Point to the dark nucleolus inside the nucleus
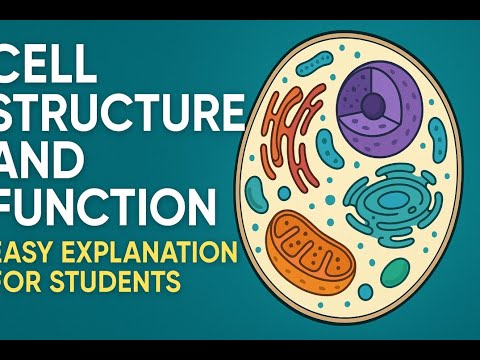(x=371, y=105)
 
